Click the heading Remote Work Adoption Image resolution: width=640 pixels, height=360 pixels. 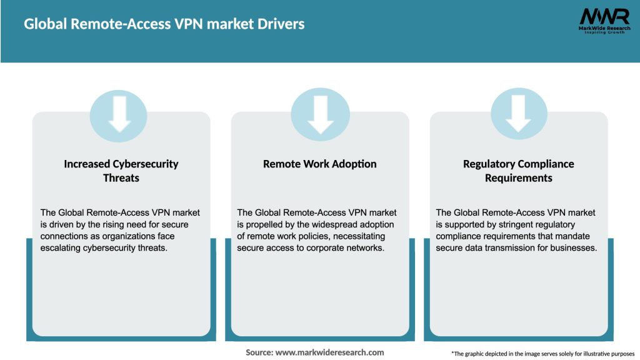[x=320, y=164]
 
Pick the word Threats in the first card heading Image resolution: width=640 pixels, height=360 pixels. [x=121, y=178]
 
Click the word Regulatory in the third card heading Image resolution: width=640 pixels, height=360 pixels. [x=487, y=164]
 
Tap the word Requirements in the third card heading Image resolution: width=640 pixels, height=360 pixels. [x=519, y=178]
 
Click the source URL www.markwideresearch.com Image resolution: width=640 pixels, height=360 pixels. [x=330, y=352]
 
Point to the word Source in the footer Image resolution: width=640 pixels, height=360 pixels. [x=259, y=352]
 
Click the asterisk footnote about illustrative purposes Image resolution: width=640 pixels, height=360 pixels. [x=542, y=354]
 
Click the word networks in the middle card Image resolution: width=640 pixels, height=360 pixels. [x=365, y=247]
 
